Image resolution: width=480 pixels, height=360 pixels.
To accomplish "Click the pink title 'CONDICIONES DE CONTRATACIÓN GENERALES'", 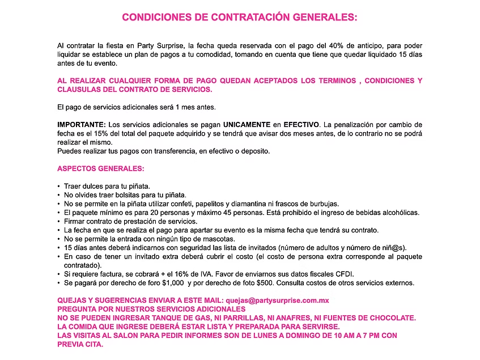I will click(240, 17).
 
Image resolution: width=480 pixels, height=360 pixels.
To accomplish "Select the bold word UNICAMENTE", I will click(247, 125).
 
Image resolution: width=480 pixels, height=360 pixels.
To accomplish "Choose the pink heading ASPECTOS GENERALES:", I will click(100, 168).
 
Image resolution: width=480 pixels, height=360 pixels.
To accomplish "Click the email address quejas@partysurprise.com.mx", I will click(278, 300).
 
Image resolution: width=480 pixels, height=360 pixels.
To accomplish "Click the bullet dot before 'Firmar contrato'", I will click(60, 221).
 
